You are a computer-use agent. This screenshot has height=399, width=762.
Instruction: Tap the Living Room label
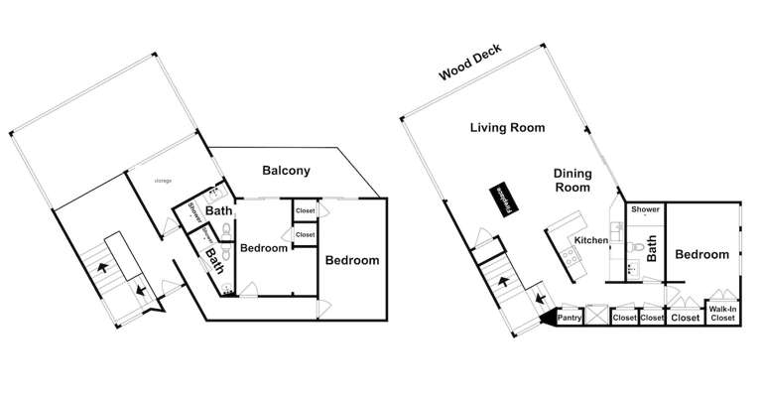click(507, 128)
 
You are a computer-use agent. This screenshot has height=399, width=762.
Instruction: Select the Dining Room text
click(571, 180)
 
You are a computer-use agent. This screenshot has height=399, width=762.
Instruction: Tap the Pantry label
click(569, 319)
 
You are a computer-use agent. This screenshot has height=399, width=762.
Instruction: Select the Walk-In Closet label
click(721, 314)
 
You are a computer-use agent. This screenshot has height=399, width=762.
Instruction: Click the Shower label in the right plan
click(645, 209)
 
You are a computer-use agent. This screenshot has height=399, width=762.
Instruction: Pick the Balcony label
click(286, 171)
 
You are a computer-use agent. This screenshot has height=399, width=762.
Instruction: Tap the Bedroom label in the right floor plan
click(702, 255)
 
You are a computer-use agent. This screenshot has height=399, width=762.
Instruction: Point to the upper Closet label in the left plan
click(305, 211)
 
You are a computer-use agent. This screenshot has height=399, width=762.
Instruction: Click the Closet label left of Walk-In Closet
click(686, 319)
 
